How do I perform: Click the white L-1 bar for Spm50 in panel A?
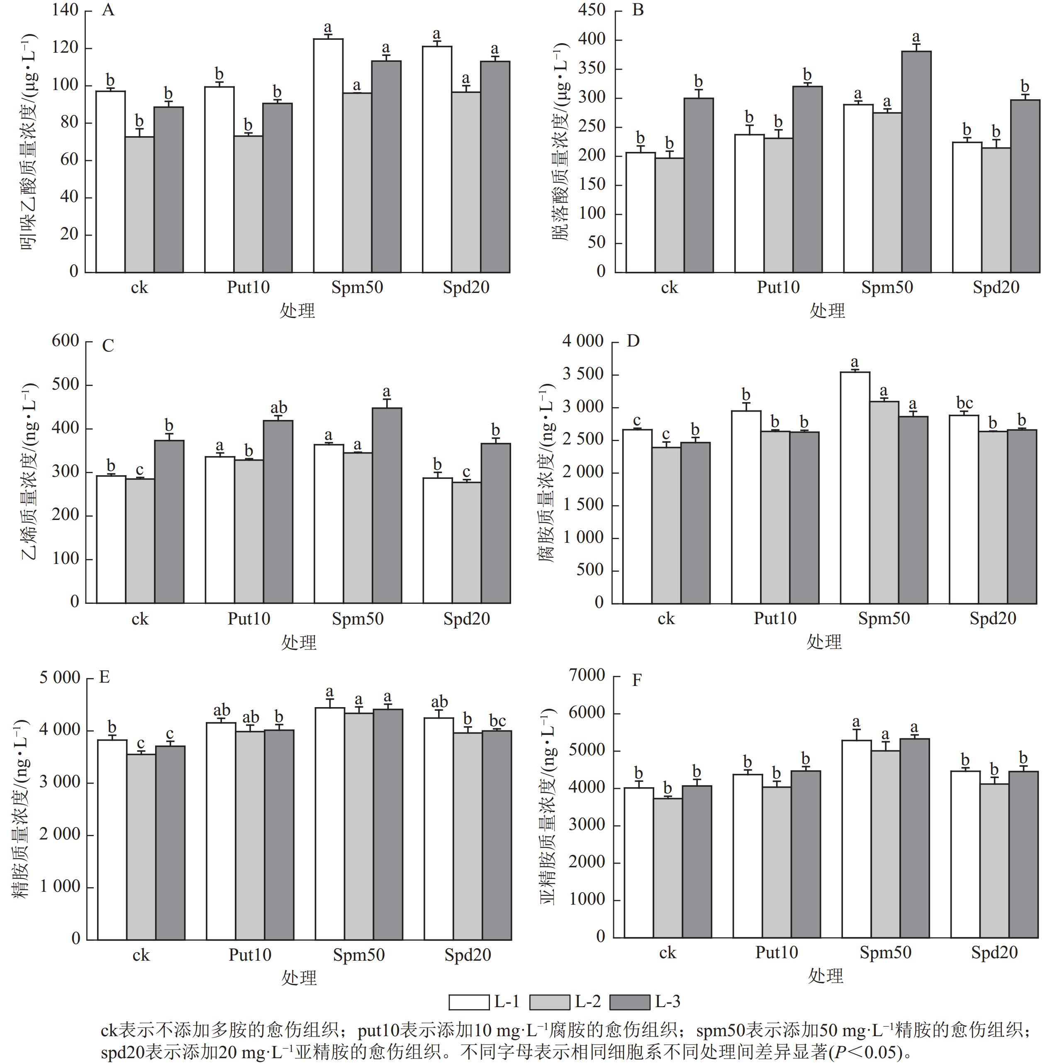coord(328,155)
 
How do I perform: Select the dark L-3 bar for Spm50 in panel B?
coord(916,161)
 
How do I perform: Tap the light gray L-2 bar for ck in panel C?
coord(139,541)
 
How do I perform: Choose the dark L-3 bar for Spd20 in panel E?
coord(497,835)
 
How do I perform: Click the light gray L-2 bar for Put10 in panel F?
coord(777,862)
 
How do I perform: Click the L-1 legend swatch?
coord(469,1002)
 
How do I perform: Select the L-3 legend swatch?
coord(630,1002)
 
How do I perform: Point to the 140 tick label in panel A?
coord(65,10)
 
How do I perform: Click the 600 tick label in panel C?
coord(65,341)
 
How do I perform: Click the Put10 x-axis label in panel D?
coord(775,619)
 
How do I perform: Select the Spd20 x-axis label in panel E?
coord(468,955)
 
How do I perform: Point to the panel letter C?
coord(108,346)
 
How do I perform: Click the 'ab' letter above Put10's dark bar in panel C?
coord(279,408)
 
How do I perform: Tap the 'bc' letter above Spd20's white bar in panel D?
coord(965,403)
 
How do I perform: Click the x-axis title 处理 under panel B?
coord(827,311)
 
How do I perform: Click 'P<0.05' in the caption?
coord(865,1052)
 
